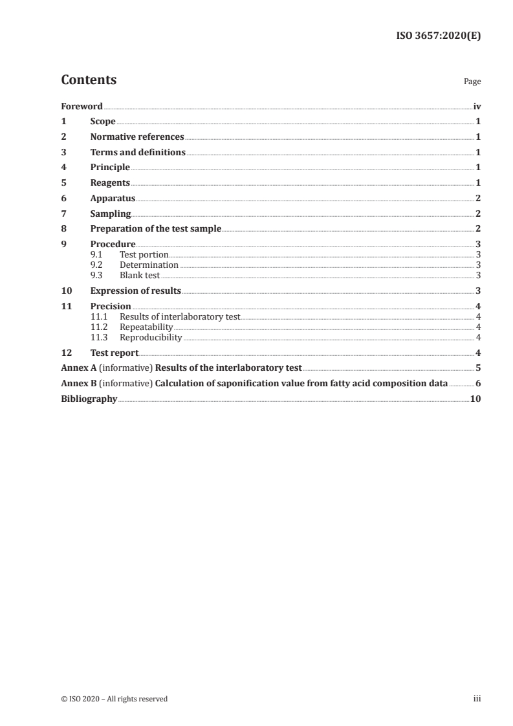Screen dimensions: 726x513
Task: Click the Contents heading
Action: click(x=89, y=80)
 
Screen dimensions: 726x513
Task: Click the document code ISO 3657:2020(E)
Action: click(x=438, y=36)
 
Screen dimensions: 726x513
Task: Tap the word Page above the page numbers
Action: click(x=472, y=82)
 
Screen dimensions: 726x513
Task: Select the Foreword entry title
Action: click(x=82, y=106)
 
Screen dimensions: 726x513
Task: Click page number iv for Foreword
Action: click(x=477, y=106)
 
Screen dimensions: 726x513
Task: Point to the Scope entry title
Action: click(x=103, y=122)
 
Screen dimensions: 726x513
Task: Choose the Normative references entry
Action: click(x=137, y=137)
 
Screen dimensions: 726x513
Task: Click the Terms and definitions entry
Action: click(x=138, y=153)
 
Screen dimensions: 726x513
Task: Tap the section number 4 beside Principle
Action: click(x=63, y=168)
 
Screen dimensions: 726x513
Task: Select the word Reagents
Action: click(x=110, y=183)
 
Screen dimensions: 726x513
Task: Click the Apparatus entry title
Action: click(x=113, y=199)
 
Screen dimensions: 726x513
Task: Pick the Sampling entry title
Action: click(x=111, y=214)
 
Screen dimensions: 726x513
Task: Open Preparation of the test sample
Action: click(x=156, y=229)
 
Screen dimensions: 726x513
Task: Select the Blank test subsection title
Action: click(x=140, y=275)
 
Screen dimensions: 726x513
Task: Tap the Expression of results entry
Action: click(x=136, y=291)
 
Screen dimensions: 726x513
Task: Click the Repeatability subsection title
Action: click(x=146, y=327)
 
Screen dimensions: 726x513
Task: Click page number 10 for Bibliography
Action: click(x=475, y=399)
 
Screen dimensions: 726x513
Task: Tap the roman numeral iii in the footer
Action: click(x=477, y=699)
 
